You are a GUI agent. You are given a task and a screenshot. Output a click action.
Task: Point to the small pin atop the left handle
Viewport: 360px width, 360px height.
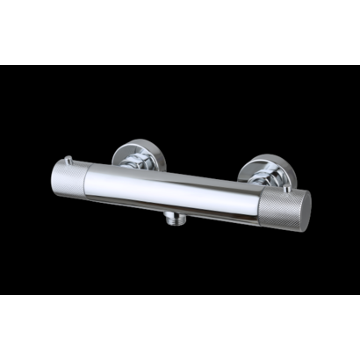point(67,161)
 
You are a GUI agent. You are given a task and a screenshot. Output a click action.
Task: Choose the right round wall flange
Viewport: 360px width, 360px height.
point(263,169)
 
